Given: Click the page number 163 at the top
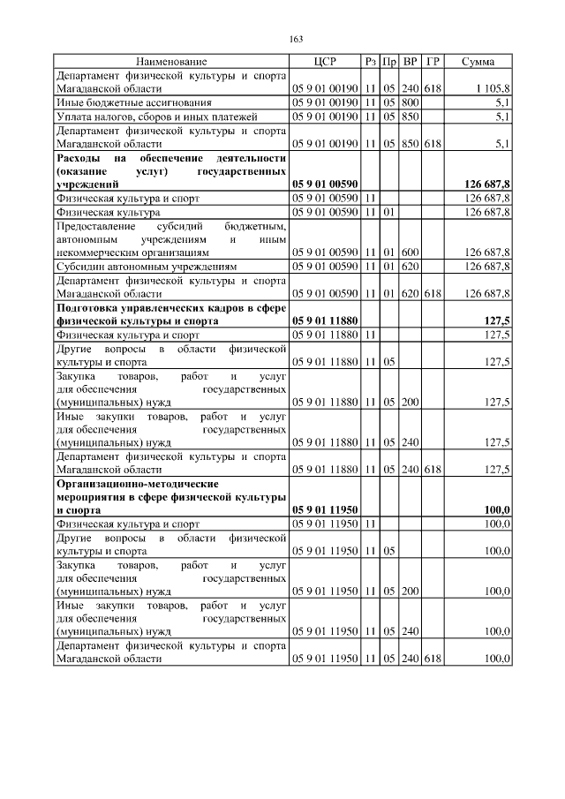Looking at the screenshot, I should tap(297, 38).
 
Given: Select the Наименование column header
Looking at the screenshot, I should tap(170, 62).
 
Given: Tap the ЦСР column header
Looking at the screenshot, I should tap(325, 62).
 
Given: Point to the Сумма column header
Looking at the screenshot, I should tap(477, 62).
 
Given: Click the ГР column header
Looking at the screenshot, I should tap(433, 62).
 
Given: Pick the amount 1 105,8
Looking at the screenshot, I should tap(492, 89).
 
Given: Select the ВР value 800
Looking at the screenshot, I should tap(409, 102).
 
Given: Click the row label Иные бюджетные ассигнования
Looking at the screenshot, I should tap(125, 102).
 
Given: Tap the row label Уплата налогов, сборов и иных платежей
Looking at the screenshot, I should tap(144, 116).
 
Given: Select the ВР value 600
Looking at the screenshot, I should tap(409, 252).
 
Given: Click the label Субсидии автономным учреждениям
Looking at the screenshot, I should tap(141, 266).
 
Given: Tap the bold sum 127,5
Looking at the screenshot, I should tap(496, 320).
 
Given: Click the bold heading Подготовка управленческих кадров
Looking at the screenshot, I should tap(171, 307).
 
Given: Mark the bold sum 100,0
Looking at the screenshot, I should tap(496, 510).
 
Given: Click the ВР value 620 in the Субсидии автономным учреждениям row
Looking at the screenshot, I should tap(409, 266).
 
